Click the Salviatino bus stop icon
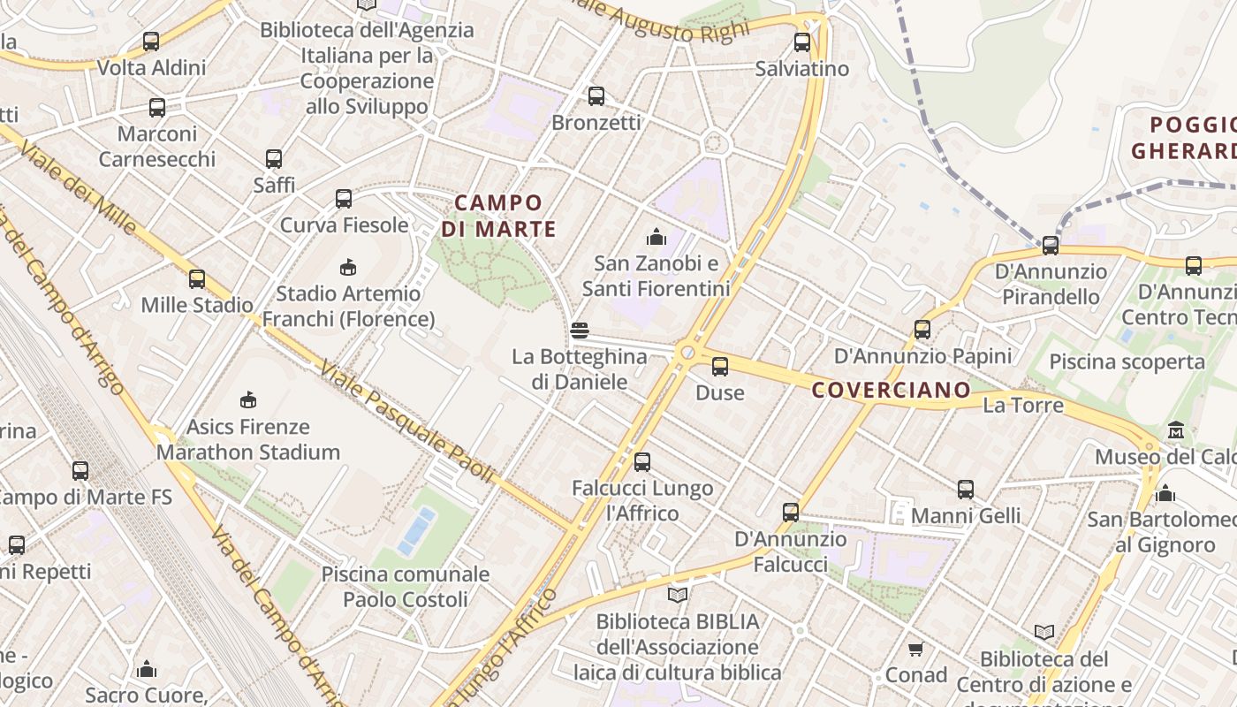[801, 42]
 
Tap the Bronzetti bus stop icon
[596, 95]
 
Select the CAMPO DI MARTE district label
[499, 217]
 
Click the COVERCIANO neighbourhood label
[891, 390]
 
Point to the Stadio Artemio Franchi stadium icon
[348, 267]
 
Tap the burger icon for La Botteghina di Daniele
[580, 331]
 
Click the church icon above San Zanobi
[656, 236]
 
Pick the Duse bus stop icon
[720, 366]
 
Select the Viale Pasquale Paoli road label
[406, 422]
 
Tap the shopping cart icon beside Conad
[915, 650]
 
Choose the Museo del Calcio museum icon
[1175, 430]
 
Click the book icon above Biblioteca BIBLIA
[677, 595]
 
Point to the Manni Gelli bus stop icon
[965, 489]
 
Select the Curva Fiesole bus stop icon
[344, 199]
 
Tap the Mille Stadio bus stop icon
[196, 278]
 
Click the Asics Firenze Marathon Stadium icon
[248, 399]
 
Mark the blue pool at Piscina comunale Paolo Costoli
[416, 531]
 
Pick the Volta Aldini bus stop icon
[151, 41]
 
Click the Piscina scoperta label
[1127, 361]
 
